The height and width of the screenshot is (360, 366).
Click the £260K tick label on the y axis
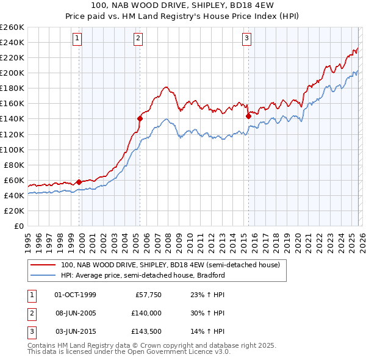(x=12, y=27)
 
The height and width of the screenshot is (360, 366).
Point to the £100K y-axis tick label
(x=12, y=149)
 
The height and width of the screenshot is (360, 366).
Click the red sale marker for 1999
(x=79, y=182)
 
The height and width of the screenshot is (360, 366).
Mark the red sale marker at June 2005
(x=140, y=119)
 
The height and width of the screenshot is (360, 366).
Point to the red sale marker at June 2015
(x=248, y=116)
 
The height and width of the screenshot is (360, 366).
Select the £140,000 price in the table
(x=146, y=313)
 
